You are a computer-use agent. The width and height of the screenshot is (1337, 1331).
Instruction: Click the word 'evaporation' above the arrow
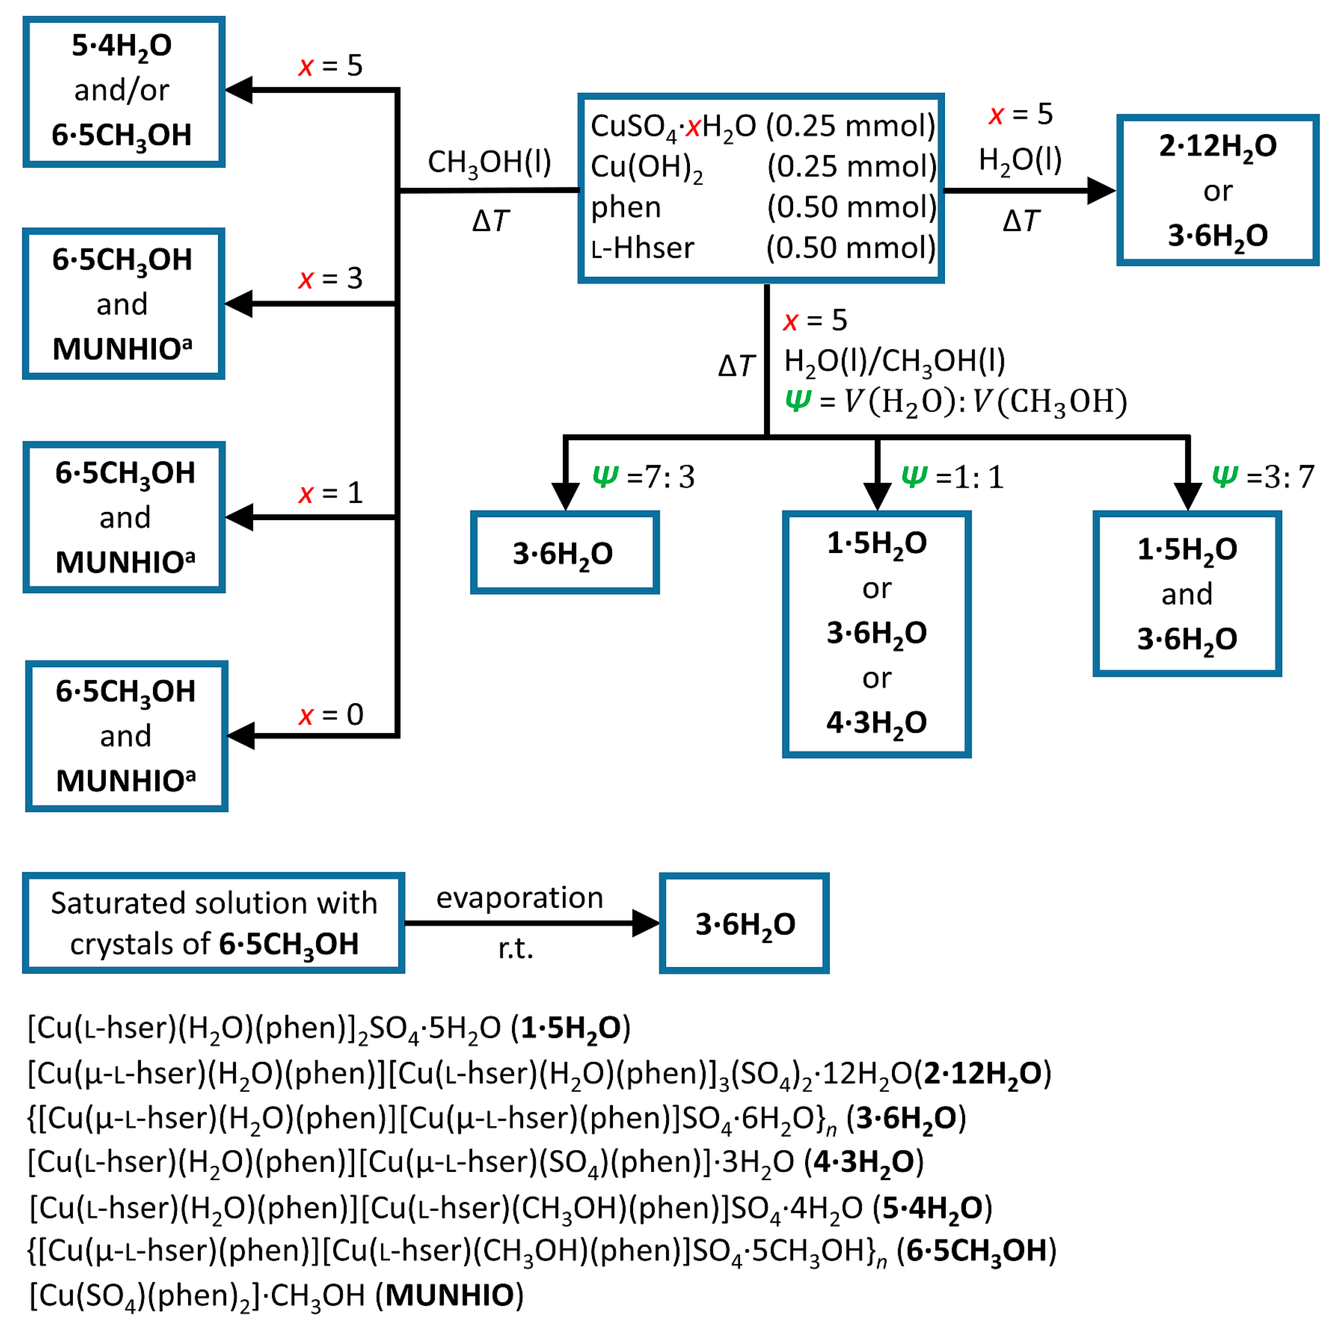click(x=519, y=898)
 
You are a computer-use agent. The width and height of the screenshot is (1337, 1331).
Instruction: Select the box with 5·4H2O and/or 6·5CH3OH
click(x=123, y=91)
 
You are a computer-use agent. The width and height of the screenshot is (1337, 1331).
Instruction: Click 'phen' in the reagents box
click(x=626, y=207)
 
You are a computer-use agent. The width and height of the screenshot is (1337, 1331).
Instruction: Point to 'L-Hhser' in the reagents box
click(x=642, y=248)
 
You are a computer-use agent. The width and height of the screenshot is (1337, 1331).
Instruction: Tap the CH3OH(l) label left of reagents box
click(x=489, y=162)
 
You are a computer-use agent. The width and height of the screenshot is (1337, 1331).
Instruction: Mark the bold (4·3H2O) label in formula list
click(x=863, y=1162)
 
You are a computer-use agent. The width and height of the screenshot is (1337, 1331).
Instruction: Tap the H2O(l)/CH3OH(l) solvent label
click(x=894, y=361)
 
